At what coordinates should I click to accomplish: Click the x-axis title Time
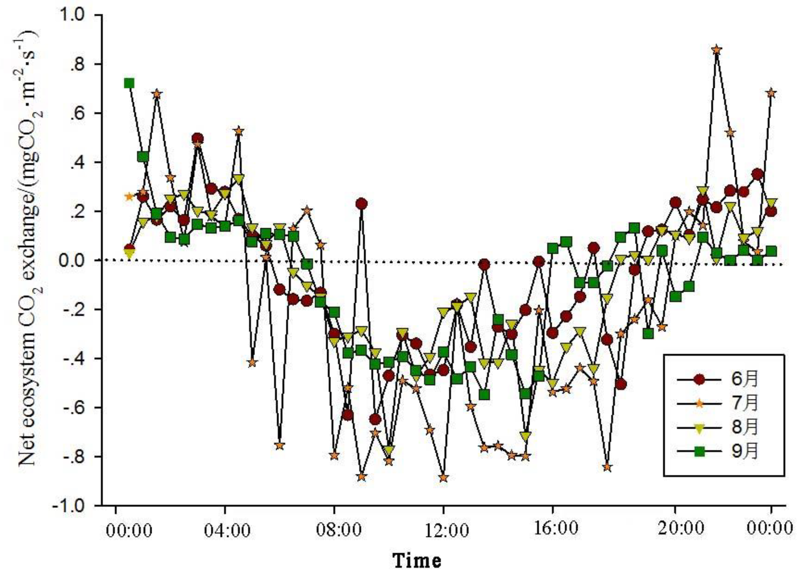click(417, 560)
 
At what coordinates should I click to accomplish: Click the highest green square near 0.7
click(129, 83)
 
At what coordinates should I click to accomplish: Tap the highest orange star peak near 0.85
click(716, 50)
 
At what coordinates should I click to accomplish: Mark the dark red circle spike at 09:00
click(361, 204)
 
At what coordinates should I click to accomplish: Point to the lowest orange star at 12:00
click(443, 478)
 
